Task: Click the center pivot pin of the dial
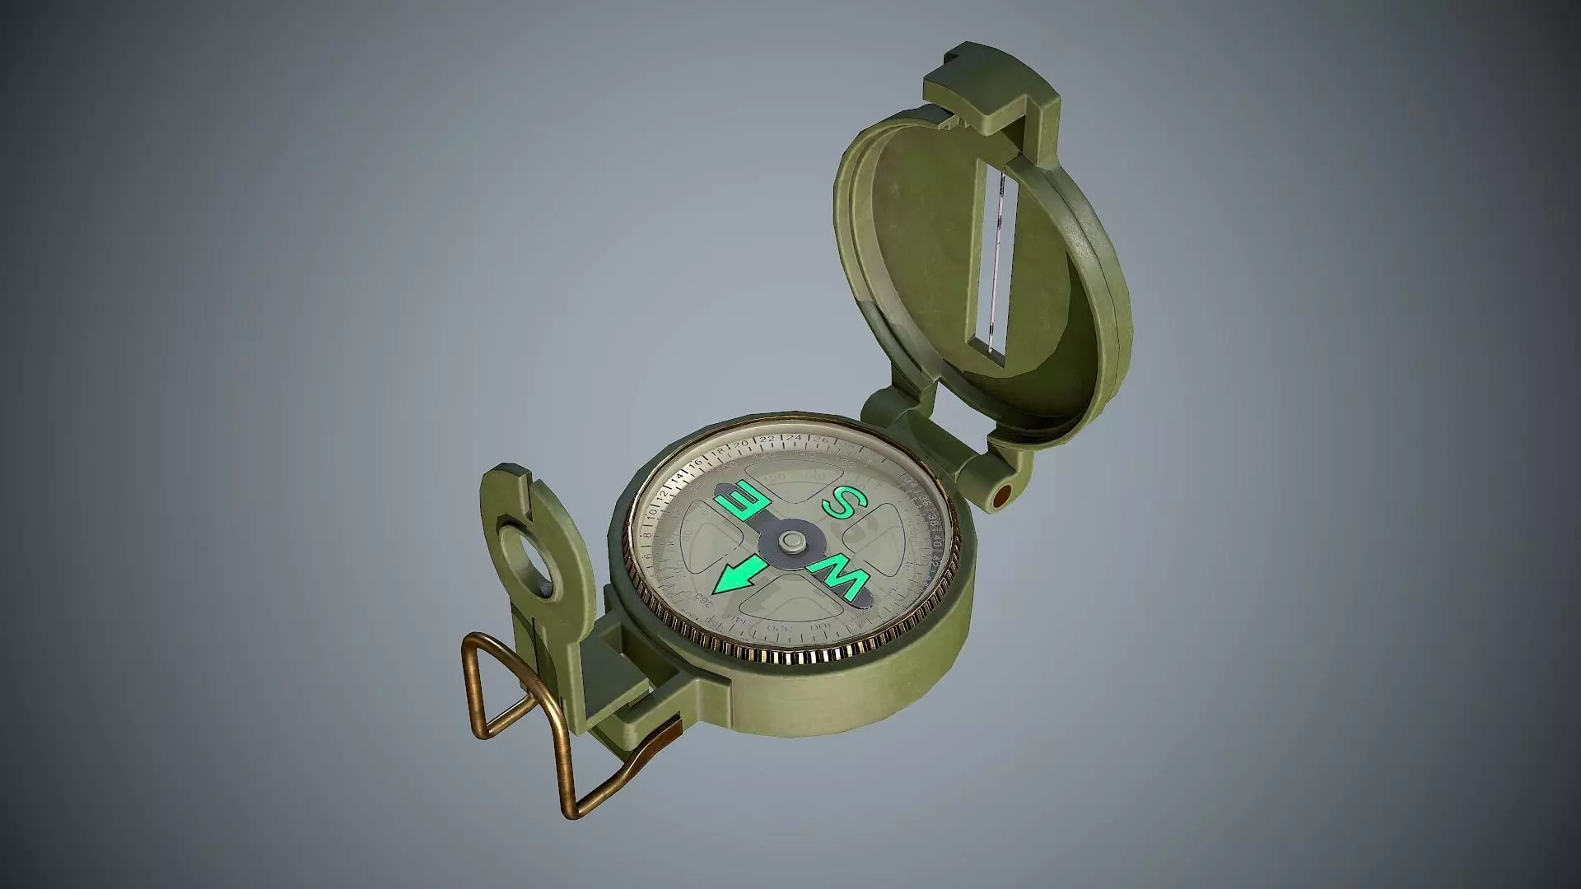click(x=793, y=540)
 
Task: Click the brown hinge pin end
click(x=1001, y=496)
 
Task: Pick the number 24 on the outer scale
click(x=794, y=438)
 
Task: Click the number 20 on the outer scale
click(x=739, y=444)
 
